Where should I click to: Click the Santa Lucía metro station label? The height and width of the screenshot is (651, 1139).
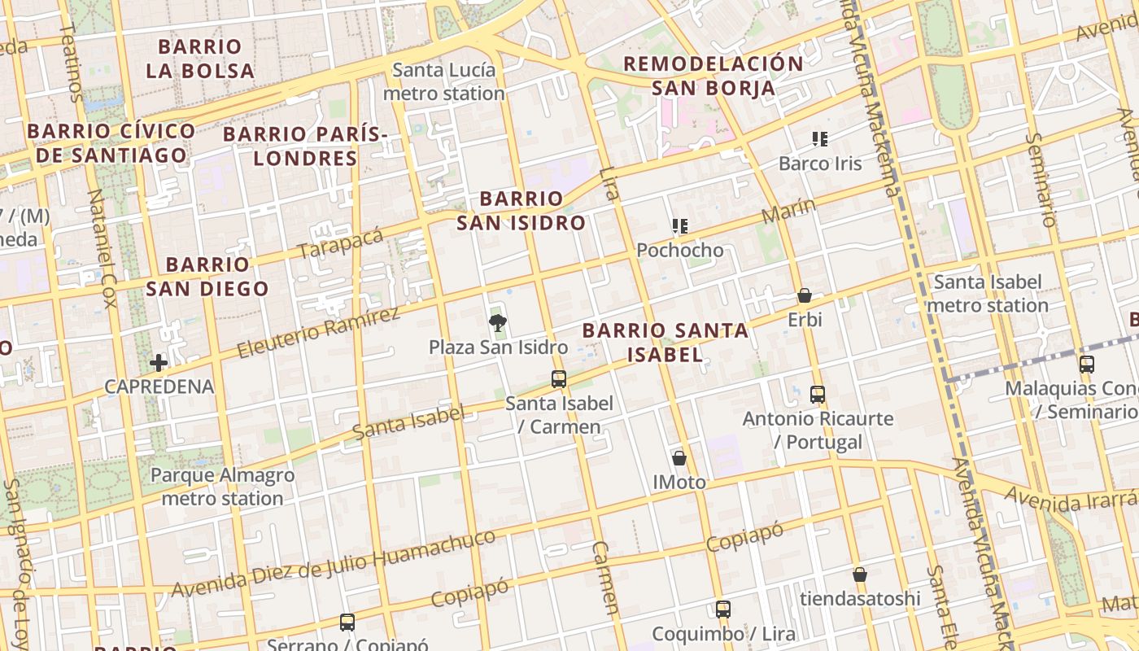(x=443, y=81)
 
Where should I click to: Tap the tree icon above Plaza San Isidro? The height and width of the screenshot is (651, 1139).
(x=497, y=323)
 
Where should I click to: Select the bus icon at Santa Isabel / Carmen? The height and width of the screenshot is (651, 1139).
(x=559, y=378)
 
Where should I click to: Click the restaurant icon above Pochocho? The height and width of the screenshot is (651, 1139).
(x=680, y=225)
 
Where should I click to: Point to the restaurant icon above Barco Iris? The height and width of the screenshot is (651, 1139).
(x=820, y=139)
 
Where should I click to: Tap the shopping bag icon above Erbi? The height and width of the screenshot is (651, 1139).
(x=805, y=295)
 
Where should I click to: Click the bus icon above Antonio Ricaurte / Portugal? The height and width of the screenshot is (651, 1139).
(x=818, y=395)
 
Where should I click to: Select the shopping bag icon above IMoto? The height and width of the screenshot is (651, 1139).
(x=679, y=458)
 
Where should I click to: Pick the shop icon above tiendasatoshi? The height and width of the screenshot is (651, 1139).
(x=860, y=575)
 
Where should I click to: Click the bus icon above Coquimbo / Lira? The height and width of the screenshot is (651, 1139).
(x=722, y=609)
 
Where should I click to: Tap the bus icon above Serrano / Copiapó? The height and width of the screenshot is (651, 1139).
(x=347, y=623)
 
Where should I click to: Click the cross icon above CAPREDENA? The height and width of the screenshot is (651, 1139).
(x=159, y=362)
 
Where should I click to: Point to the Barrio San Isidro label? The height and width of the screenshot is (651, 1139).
(x=521, y=211)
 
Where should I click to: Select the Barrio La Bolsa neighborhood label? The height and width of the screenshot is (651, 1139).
(x=200, y=59)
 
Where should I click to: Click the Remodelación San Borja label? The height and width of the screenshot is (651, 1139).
(x=714, y=76)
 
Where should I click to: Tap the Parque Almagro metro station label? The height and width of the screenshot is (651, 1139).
(x=222, y=487)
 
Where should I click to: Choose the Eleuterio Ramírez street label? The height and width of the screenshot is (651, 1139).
(x=318, y=333)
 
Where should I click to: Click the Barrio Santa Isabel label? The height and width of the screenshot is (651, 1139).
(x=666, y=343)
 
